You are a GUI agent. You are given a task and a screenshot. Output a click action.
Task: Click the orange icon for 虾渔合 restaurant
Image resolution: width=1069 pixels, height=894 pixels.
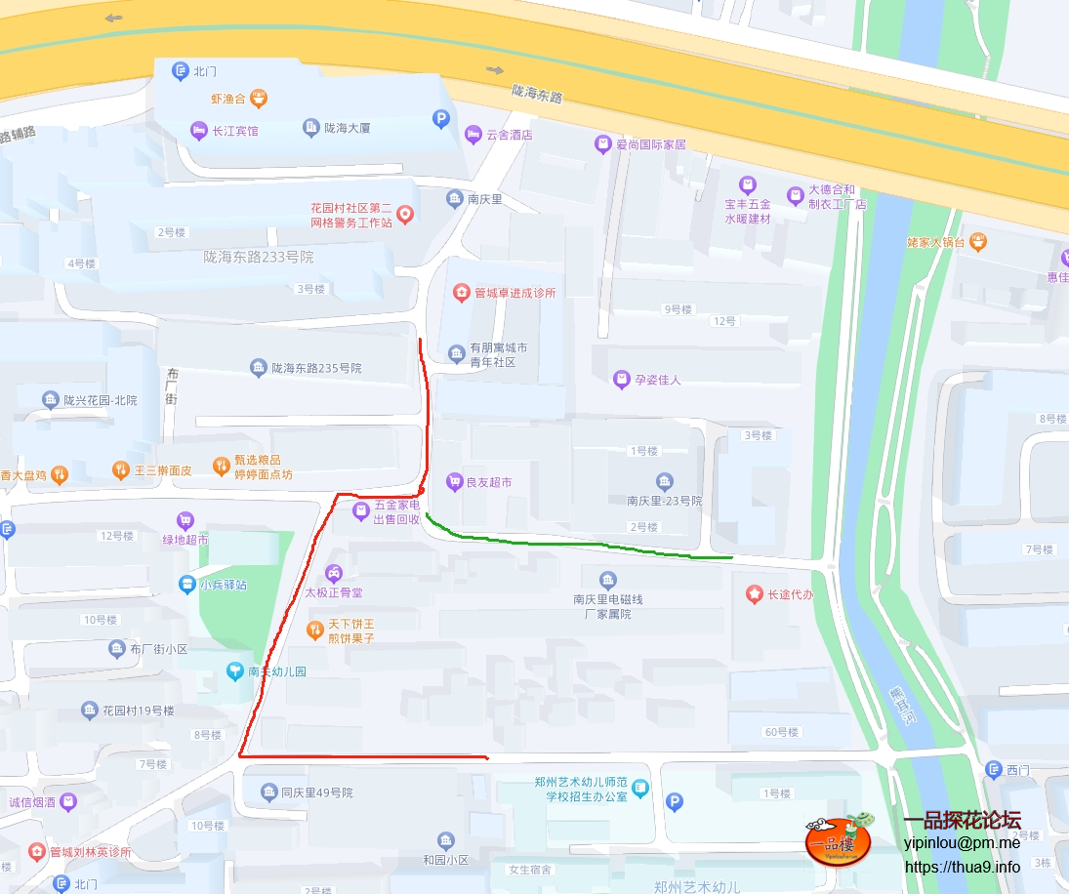click(x=259, y=98)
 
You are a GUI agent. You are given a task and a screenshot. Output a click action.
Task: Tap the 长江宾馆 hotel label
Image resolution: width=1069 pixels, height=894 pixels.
click(x=235, y=130)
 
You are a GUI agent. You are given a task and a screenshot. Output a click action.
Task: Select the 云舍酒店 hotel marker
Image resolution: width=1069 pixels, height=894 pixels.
click(x=473, y=134)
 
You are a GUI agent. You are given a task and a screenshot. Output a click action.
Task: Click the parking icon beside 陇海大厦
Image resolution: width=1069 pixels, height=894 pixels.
click(x=441, y=119)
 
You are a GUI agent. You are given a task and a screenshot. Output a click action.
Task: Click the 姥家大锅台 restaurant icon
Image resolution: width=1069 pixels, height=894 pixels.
click(x=978, y=241)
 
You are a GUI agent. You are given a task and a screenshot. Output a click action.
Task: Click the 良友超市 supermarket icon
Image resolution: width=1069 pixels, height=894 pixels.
click(x=454, y=481)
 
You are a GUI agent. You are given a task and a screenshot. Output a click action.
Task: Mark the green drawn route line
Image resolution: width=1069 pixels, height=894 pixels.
click(x=586, y=544)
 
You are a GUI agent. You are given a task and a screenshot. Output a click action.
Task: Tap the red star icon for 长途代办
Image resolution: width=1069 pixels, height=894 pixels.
click(x=754, y=593)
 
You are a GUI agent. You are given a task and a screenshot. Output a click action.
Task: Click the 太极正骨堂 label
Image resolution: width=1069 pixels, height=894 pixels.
click(x=333, y=591)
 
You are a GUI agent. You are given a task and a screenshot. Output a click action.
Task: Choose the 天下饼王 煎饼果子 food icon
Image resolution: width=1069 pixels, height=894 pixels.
click(x=314, y=630)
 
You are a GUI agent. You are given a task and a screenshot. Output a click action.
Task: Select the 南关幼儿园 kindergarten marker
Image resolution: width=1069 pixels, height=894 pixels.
click(x=234, y=671)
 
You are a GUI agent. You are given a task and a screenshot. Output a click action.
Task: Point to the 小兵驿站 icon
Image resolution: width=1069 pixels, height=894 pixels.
click(x=186, y=585)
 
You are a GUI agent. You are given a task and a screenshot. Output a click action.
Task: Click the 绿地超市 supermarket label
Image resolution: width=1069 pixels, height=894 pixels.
click(x=185, y=538)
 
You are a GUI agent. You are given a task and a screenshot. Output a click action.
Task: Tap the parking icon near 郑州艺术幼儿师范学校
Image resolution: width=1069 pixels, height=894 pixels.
click(x=674, y=802)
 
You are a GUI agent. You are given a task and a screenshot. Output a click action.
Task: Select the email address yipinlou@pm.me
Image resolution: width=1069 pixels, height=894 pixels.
click(x=962, y=842)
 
